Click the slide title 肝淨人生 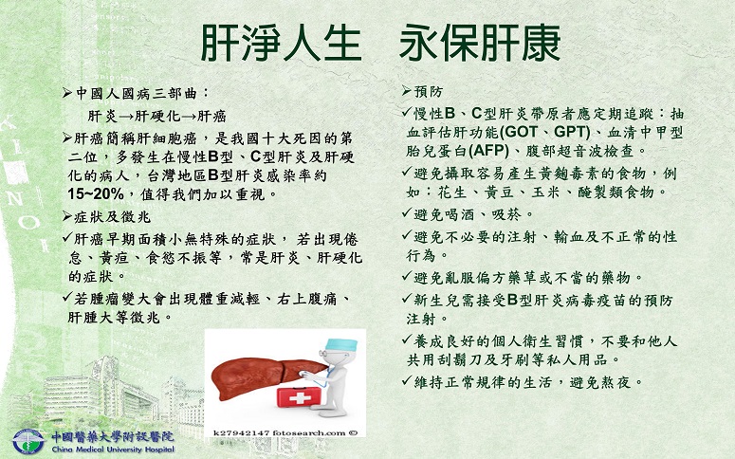pyautogui.click(x=281, y=43)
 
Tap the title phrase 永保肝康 pyautogui.click(x=480, y=43)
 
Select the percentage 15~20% pyautogui.click(x=96, y=193)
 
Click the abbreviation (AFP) pyautogui.click(x=488, y=151)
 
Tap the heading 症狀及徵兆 pyautogui.click(x=113, y=216)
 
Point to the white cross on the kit pyautogui.click(x=297, y=398)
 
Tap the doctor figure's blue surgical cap pyautogui.click(x=340, y=344)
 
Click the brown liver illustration pyautogui.click(x=263, y=376)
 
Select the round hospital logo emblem pyautogui.click(x=28, y=441)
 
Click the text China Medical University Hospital pyautogui.click(x=113, y=450)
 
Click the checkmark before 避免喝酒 pyautogui.click(x=407, y=212)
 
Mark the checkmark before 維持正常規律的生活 pyautogui.click(x=407, y=380)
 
